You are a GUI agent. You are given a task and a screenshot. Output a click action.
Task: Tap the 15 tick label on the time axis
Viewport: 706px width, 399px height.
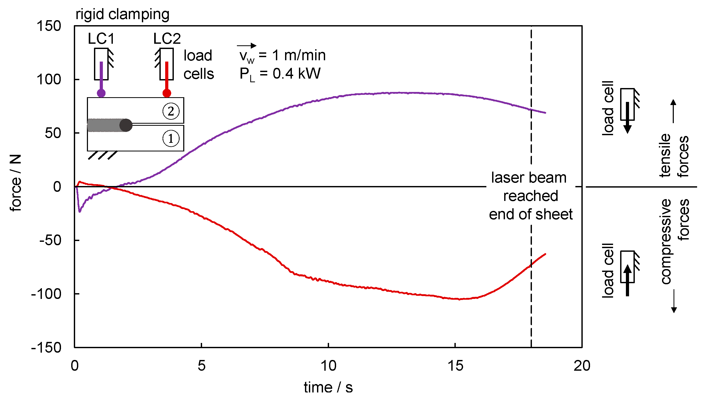click(x=455, y=366)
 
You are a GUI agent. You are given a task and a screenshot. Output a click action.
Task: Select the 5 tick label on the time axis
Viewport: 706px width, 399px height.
click(x=202, y=366)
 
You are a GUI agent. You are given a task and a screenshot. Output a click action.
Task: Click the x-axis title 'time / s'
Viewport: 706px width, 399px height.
click(x=328, y=387)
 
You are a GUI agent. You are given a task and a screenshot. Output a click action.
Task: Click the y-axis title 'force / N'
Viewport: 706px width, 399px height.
click(x=16, y=183)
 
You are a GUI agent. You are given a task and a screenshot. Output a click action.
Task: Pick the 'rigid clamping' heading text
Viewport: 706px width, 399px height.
click(x=122, y=14)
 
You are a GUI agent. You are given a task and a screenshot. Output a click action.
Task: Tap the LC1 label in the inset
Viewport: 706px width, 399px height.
click(x=101, y=39)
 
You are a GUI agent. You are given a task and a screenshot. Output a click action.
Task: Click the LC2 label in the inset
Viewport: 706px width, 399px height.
click(x=167, y=39)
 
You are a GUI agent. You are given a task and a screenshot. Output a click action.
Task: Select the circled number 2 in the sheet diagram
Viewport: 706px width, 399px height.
click(x=171, y=111)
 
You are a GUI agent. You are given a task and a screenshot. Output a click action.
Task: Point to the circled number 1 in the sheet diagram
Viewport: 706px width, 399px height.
click(x=171, y=139)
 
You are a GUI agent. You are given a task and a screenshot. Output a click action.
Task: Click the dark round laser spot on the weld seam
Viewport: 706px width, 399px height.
click(x=126, y=125)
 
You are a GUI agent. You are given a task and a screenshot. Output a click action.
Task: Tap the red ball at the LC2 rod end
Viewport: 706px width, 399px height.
click(x=167, y=93)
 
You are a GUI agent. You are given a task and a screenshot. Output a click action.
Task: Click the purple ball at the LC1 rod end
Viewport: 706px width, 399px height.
click(x=101, y=93)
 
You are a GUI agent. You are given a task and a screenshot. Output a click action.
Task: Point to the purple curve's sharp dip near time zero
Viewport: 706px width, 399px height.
click(x=80, y=211)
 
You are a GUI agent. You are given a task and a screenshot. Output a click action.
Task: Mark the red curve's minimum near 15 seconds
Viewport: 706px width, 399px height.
click(x=459, y=299)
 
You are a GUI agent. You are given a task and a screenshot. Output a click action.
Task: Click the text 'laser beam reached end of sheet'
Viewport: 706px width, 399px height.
click(x=531, y=196)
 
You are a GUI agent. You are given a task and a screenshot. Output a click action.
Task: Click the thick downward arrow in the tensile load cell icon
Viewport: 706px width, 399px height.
click(x=627, y=118)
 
